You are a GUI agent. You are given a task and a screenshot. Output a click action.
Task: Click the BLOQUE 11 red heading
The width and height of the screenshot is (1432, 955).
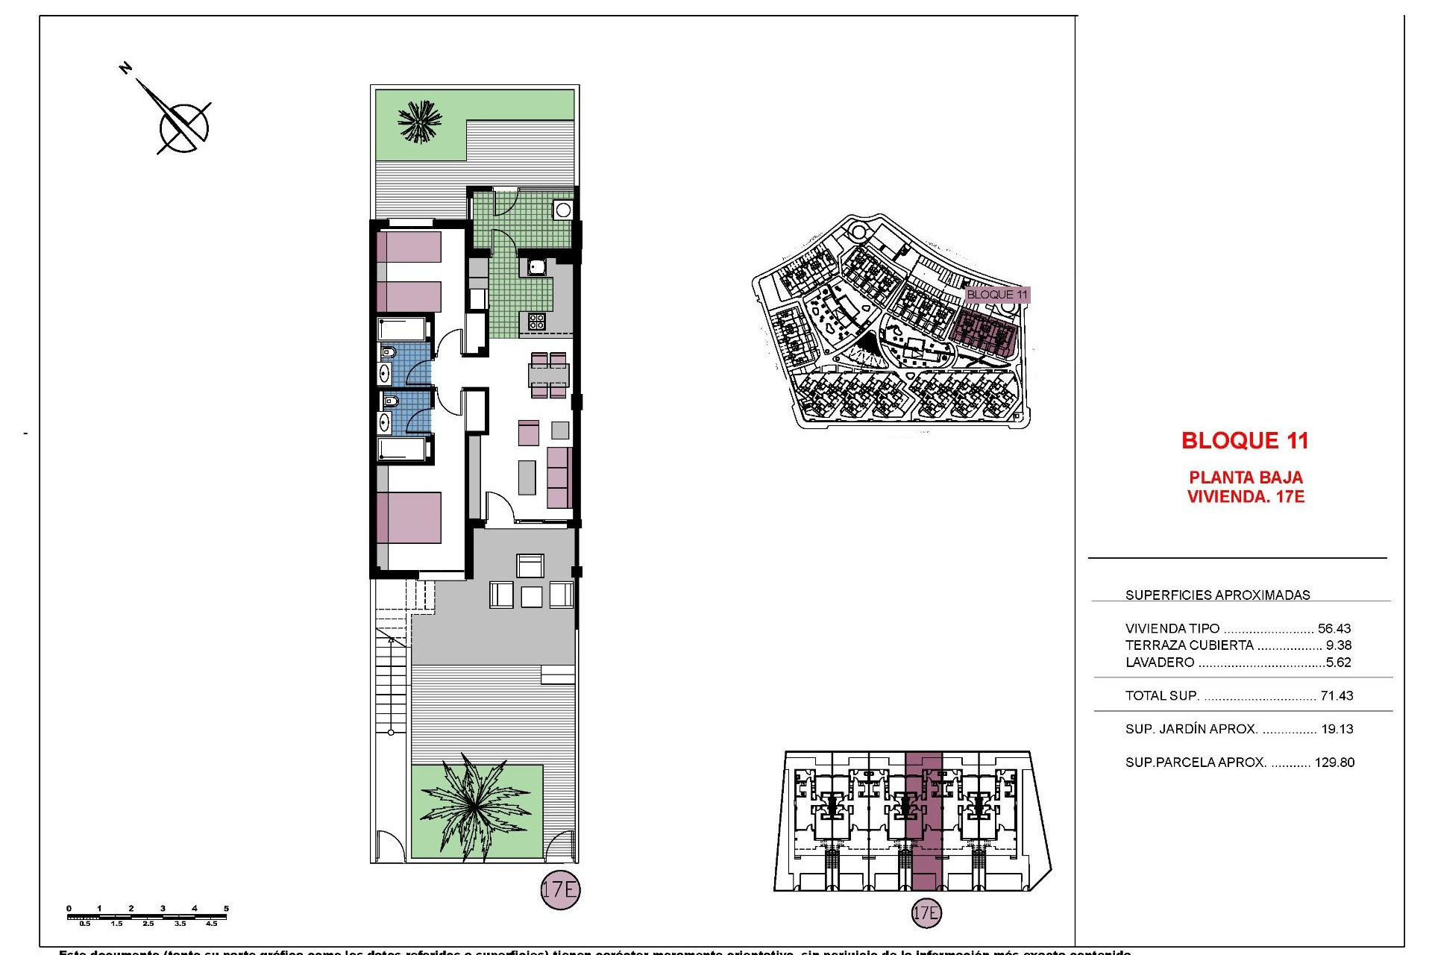1245,441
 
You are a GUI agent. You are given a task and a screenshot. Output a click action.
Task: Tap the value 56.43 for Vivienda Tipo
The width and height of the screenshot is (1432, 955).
1334,628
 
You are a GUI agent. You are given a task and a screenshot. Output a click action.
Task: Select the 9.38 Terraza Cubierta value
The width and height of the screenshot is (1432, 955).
1339,645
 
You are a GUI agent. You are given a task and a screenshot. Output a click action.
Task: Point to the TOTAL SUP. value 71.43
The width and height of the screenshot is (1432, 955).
1337,695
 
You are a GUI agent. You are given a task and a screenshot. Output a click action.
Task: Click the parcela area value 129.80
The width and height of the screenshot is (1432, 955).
1334,763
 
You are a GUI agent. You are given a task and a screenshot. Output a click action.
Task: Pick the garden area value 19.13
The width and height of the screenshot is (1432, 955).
1337,729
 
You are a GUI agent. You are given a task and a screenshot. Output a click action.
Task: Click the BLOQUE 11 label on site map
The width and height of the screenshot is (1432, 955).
996,295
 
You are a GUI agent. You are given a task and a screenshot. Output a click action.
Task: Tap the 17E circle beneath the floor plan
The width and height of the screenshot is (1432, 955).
560,889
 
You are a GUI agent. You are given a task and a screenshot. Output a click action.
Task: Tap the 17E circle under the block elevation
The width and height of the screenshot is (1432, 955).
926,912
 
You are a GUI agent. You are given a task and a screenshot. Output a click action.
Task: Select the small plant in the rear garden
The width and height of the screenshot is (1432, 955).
420,121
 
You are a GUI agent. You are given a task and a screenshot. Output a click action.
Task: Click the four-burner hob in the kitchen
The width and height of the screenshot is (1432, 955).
536,322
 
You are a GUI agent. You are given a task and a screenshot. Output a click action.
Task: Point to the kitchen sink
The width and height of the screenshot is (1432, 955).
537,266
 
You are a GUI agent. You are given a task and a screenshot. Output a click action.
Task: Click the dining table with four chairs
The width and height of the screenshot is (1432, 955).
549,374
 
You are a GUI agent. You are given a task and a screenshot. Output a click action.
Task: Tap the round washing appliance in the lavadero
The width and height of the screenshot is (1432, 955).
563,210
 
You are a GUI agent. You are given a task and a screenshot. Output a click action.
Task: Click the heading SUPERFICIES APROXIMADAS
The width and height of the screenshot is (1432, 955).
1217,595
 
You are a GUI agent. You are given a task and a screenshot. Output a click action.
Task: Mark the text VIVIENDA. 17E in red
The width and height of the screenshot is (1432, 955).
1245,497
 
